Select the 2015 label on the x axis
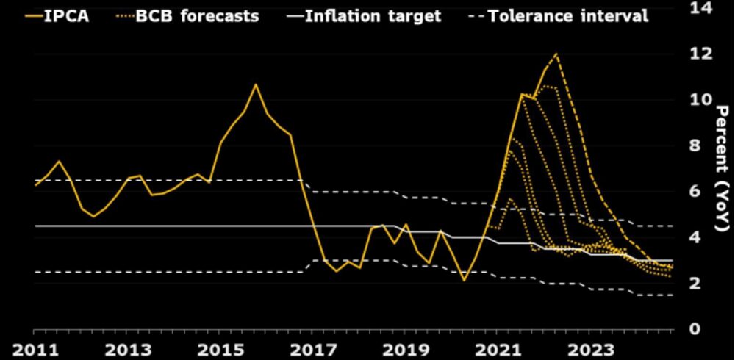pyautogui.click(x=219, y=348)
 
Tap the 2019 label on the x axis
pyautogui.click(x=402, y=348)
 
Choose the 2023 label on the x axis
pyautogui.click(x=585, y=348)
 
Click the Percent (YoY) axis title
pyautogui.click(x=722, y=168)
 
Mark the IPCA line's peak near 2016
pyautogui.click(x=255, y=84)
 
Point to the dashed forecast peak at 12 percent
pyautogui.click(x=556, y=54)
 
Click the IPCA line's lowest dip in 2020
pyautogui.click(x=464, y=280)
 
